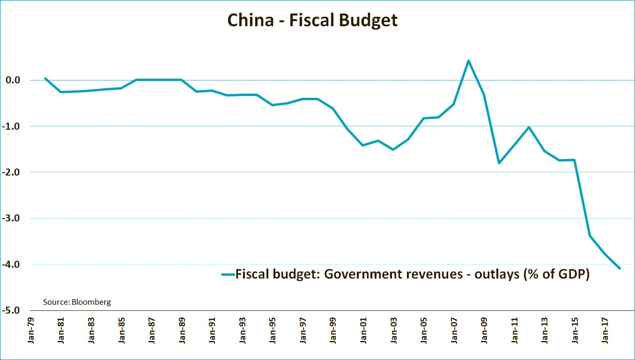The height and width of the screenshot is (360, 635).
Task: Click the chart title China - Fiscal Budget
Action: pos(312,20)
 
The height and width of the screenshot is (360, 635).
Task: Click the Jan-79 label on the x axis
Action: pos(31,332)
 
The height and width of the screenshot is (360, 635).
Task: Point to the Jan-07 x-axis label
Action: pos(454,332)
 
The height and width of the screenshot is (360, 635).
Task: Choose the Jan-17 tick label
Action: pos(605,332)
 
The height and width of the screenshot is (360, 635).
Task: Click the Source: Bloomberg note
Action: pos(77,302)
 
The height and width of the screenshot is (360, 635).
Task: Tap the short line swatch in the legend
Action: pos(228,274)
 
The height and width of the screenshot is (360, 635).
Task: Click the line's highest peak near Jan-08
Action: pos(468,60)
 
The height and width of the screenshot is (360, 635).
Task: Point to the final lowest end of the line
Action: pos(620,268)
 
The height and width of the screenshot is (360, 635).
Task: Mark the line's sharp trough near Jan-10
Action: pos(499,163)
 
